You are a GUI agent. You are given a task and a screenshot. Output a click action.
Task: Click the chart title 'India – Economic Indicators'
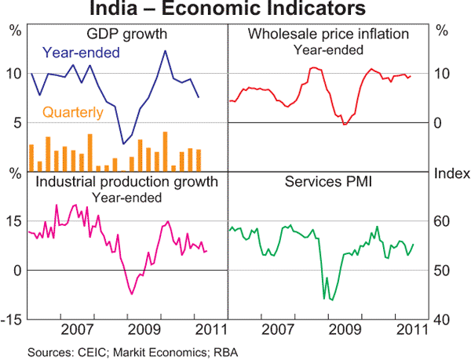pos(235,10)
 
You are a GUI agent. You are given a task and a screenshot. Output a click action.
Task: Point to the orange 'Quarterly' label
pos(72,113)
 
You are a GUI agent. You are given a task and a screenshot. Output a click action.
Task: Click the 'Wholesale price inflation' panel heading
pos(328,35)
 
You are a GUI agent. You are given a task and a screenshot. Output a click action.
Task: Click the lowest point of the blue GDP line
pos(123,144)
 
